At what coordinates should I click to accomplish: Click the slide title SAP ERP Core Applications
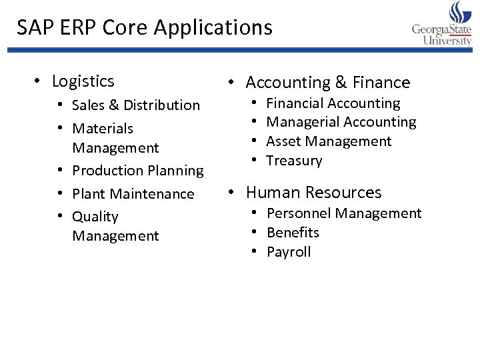pos(145,27)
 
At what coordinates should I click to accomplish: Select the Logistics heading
pos(83,81)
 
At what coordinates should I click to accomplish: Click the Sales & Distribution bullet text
pos(135,105)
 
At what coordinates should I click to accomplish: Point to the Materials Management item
pos(115,138)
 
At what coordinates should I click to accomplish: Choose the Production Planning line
pos(137,171)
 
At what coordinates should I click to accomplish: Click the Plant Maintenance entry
pos(133,194)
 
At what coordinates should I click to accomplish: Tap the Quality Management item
pos(115,226)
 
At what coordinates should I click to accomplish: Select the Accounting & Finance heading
pos(327,83)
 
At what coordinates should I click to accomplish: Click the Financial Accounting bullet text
pos(333,103)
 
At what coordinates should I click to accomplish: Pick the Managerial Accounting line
pos(341,122)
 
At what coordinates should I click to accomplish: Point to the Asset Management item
pos(329,141)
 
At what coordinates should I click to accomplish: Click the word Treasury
pos(294,161)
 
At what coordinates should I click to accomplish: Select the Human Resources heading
pos(313,193)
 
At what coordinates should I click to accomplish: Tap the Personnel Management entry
pos(343,213)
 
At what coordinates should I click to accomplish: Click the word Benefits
pos(293,233)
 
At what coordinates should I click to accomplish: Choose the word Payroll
pos(289,252)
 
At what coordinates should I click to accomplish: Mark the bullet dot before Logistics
pos(38,82)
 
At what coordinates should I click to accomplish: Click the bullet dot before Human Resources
pos(230,193)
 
